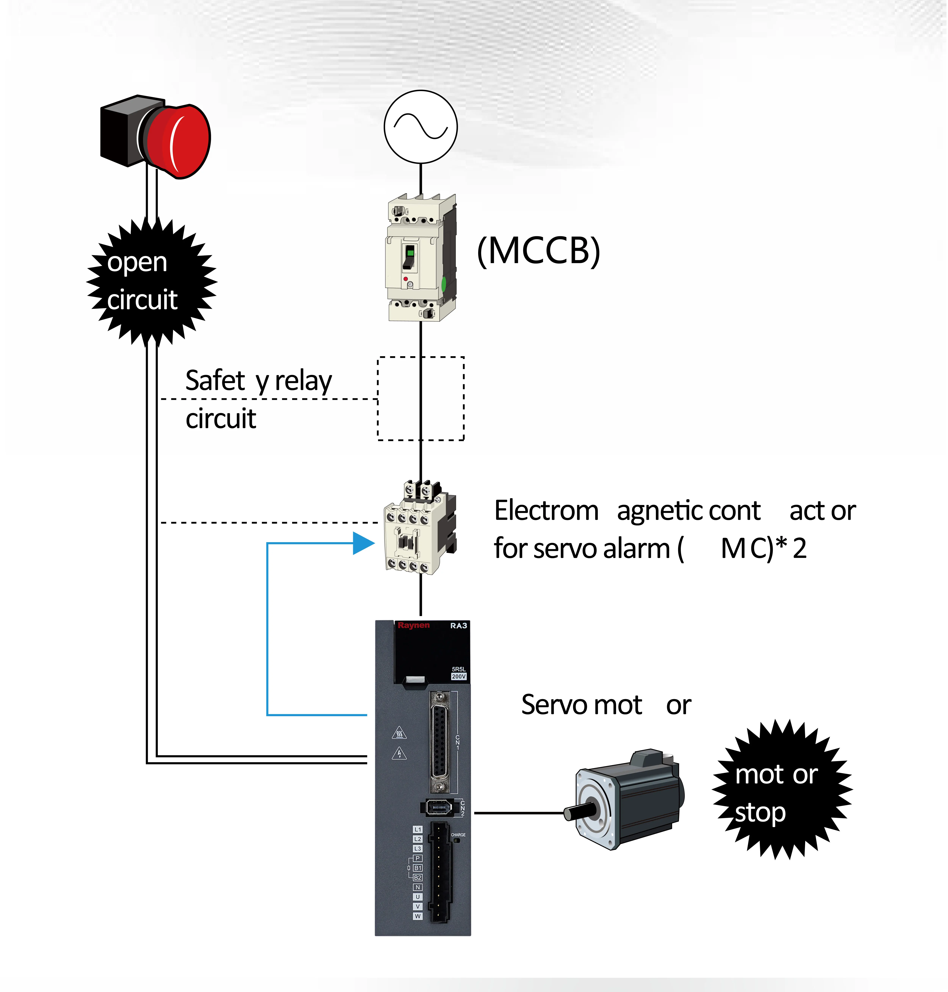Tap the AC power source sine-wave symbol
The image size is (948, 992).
[x=420, y=126]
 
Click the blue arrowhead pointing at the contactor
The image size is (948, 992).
[x=363, y=543]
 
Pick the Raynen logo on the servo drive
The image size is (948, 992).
[x=413, y=625]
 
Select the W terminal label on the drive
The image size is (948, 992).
[x=417, y=916]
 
